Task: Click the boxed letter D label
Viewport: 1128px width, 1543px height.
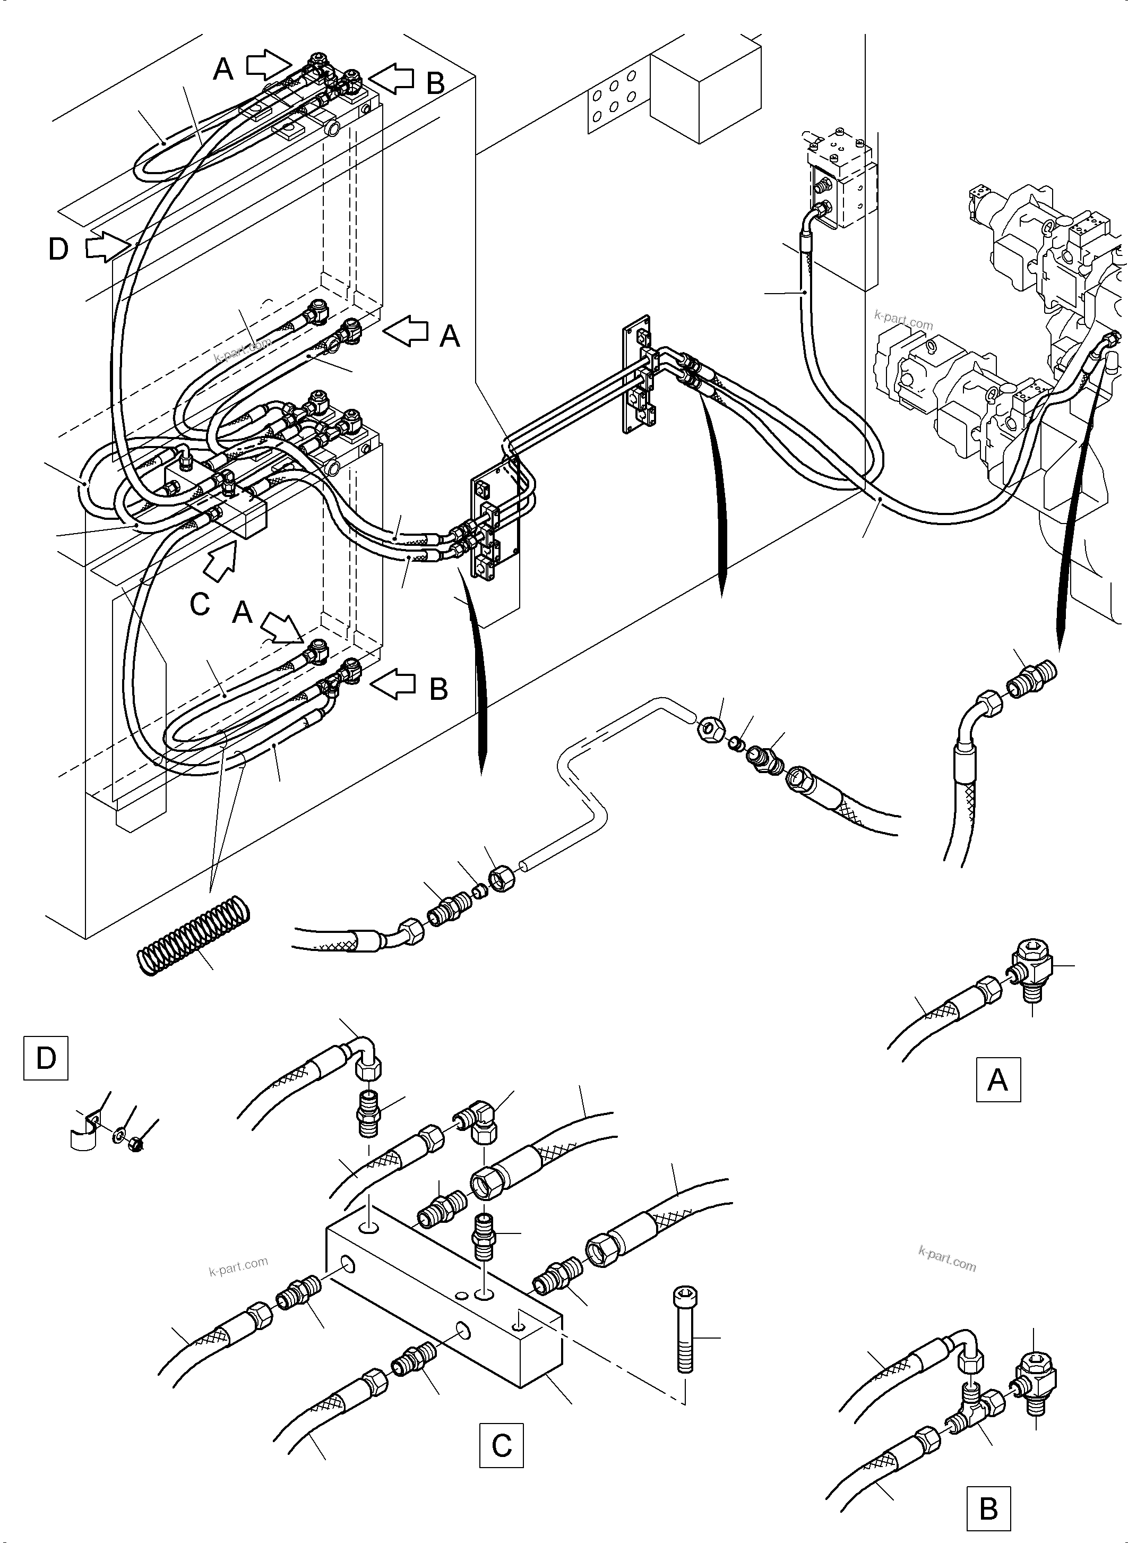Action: (46, 1058)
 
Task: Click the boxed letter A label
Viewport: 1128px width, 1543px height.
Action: (997, 1079)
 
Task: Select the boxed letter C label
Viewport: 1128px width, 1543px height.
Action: (501, 1445)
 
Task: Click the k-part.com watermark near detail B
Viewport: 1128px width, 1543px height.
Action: (947, 1259)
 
